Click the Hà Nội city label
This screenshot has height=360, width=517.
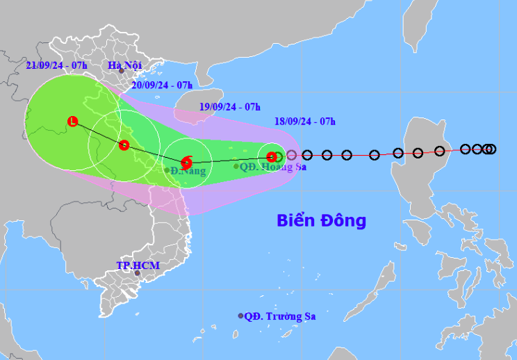125,66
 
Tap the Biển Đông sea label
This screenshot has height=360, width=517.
321,221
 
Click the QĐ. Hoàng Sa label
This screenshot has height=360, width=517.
274,167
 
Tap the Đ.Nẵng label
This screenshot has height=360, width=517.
190,171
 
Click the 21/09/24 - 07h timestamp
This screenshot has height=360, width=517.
56,65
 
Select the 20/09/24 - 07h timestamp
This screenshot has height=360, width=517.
162,85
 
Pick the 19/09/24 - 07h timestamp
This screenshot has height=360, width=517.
229,106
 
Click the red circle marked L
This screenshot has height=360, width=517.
72,122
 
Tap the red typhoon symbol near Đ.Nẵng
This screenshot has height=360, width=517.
186,163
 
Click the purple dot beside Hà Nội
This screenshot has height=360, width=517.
121,70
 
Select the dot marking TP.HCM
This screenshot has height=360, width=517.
137,273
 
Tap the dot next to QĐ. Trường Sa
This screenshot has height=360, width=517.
241,316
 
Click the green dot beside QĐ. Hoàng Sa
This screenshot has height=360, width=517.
236,166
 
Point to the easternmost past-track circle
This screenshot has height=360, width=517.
491,149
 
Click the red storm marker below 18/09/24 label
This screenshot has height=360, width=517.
271,157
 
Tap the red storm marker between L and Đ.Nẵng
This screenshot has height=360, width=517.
124,145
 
